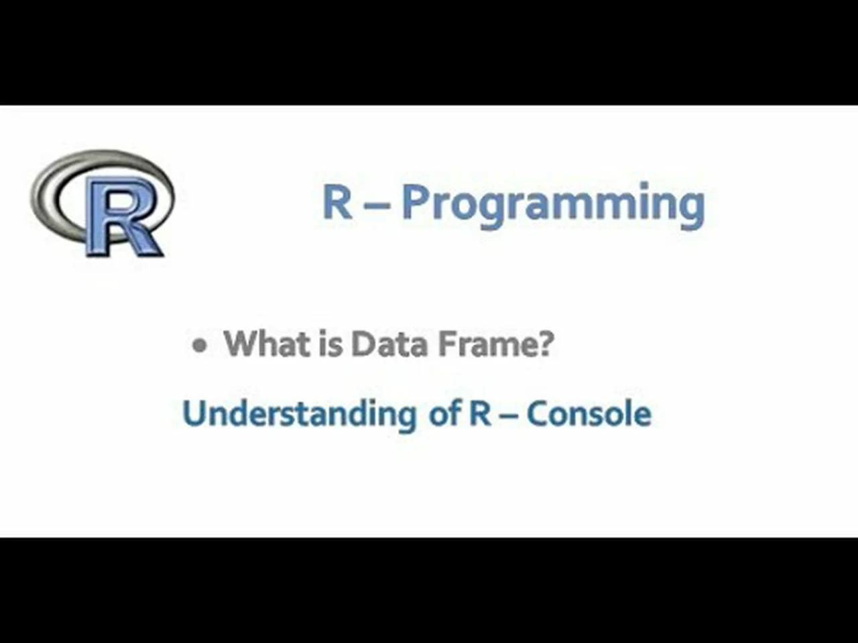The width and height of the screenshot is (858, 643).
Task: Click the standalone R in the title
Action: point(337,202)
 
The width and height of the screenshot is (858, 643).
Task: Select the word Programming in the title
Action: point(553,204)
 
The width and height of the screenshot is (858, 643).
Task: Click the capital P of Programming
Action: point(416,202)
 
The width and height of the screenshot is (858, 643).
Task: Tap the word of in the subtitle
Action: point(443,413)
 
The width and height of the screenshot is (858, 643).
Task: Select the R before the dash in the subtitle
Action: point(479,413)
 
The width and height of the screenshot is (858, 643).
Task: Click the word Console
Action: point(589,413)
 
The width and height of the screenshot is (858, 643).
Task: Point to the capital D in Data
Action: point(363,344)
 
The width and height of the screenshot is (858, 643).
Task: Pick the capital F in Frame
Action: point(445,344)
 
